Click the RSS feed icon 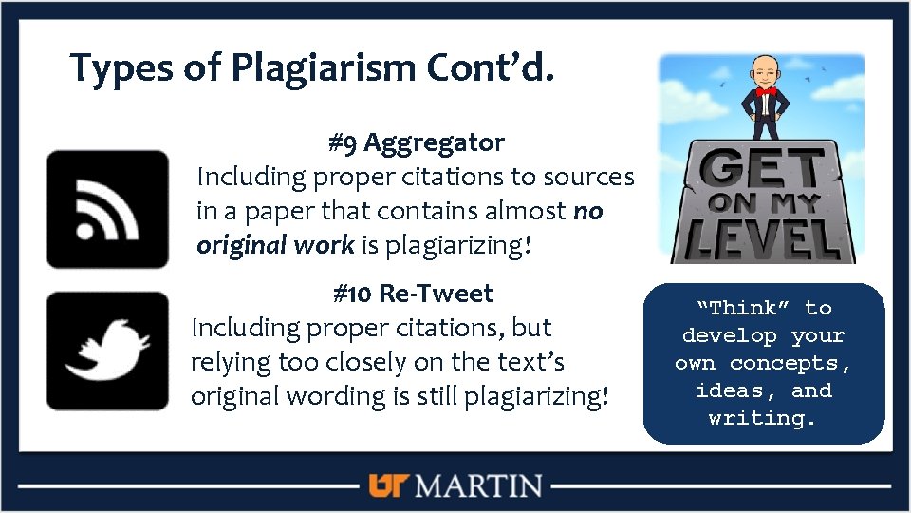(x=107, y=209)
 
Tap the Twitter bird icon (x=107, y=351)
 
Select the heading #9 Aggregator (x=416, y=143)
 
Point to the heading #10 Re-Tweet (x=413, y=294)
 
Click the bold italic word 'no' (x=588, y=211)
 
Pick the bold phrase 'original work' (x=275, y=245)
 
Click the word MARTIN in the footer (x=479, y=486)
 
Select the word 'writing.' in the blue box (x=763, y=418)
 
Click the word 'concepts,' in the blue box (x=790, y=363)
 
